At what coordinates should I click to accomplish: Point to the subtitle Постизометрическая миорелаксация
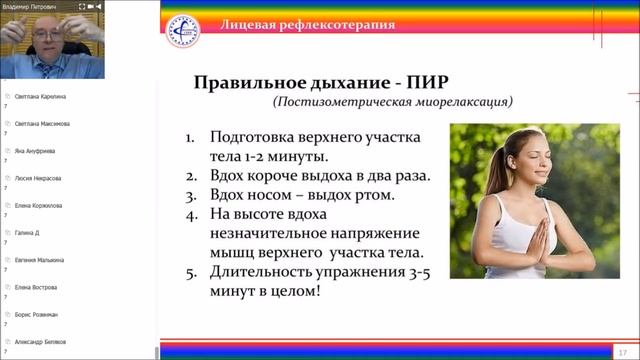coord(393,102)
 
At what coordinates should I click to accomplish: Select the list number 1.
coord(191,137)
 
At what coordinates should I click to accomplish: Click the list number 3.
coord(191,195)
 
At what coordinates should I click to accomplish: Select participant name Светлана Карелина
coord(41,97)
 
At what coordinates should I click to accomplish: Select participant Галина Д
coord(27,232)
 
